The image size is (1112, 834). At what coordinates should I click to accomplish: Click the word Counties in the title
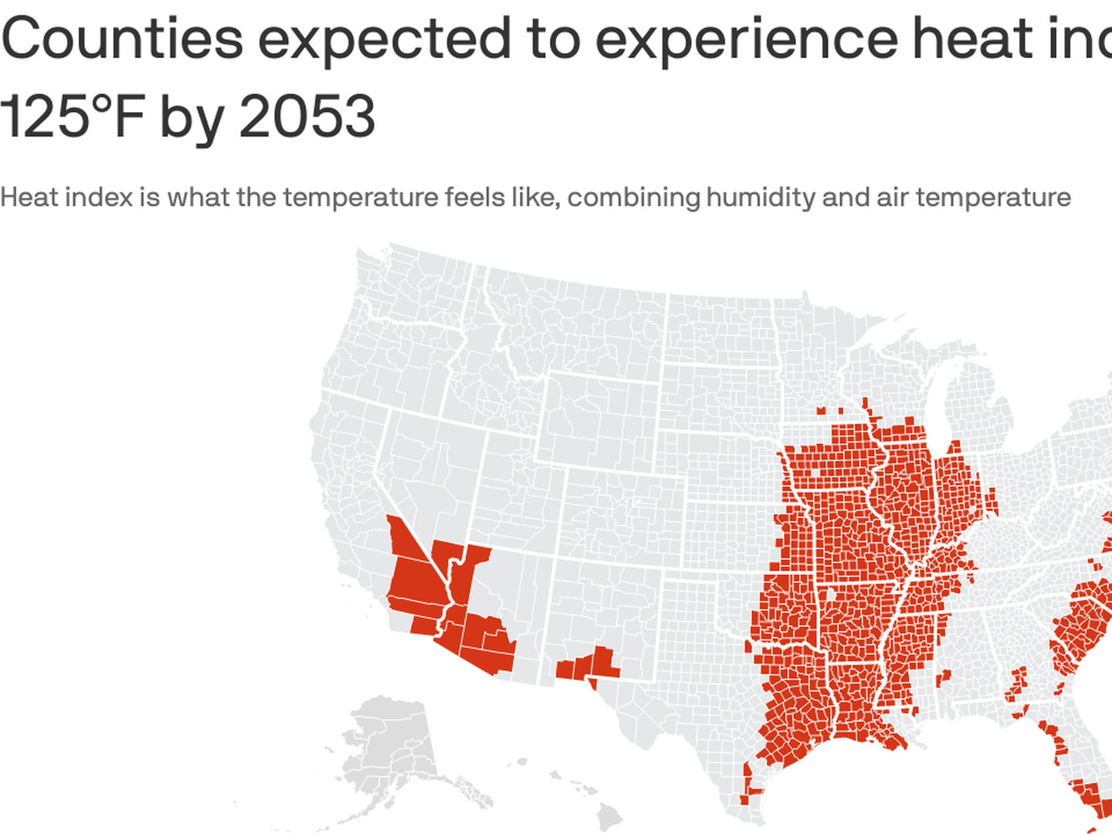point(122,39)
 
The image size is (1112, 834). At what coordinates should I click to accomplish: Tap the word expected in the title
point(383,39)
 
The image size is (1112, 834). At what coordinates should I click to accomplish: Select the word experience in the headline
point(745,39)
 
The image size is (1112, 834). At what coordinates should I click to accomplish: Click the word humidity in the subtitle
point(761,198)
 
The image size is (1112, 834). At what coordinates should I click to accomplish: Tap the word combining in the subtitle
point(632,198)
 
